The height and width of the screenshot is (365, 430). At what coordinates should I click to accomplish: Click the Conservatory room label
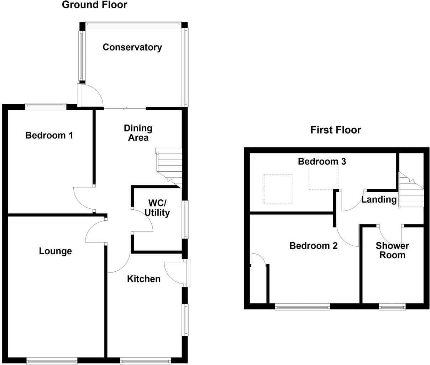132,47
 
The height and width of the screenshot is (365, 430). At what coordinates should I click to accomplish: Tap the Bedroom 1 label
49,135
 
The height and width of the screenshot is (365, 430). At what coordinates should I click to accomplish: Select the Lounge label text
55,251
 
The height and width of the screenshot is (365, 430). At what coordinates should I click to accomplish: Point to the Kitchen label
144,279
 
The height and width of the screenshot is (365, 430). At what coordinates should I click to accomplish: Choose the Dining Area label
138,133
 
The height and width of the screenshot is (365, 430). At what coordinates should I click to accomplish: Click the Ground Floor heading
94,5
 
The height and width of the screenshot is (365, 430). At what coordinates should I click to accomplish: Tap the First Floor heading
336,130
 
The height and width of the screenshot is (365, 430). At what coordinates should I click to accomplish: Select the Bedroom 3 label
322,161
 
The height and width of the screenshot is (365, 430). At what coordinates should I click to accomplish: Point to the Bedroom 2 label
313,246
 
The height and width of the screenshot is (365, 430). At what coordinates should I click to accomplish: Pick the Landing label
379,199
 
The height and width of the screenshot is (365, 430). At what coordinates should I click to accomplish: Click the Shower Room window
392,306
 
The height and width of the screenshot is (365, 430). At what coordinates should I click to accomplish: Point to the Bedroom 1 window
46,106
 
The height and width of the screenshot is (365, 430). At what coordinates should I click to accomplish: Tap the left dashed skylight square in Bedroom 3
278,189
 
